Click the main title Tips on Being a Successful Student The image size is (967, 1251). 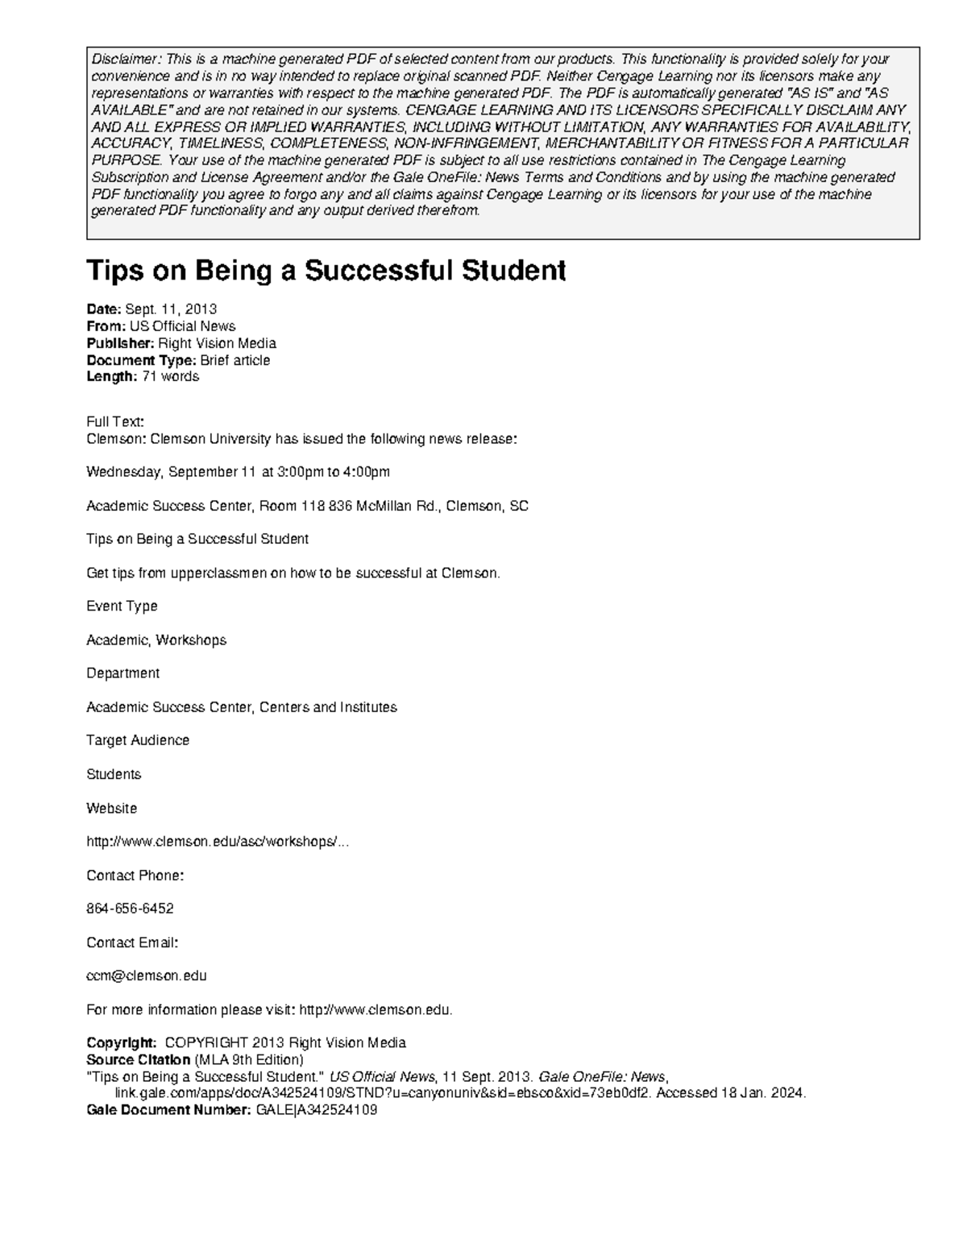326,271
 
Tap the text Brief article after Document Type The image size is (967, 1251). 234,360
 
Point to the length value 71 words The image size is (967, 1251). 170,376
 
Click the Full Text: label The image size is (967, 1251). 115,421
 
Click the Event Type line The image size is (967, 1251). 122,606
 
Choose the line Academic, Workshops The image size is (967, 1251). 156,640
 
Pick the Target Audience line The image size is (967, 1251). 138,740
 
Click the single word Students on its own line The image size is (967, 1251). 114,774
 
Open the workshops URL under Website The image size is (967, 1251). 218,842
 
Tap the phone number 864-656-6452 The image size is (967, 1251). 130,909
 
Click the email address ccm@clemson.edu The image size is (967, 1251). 147,976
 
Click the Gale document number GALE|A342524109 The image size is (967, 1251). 317,1110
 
